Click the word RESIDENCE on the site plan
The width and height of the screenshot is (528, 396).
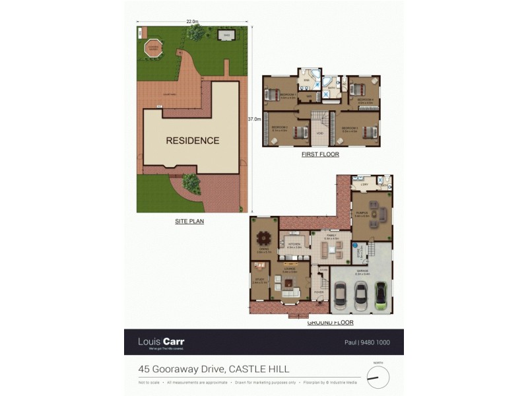pyautogui.click(x=192, y=141)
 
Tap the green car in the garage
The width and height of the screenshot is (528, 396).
pyautogui.click(x=381, y=295)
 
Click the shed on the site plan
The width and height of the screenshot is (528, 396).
pyautogui.click(x=226, y=36)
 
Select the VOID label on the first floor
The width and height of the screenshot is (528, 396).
pyautogui.click(x=319, y=133)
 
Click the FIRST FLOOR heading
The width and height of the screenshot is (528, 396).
pyautogui.click(x=320, y=154)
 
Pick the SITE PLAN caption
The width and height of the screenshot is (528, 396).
pyautogui.click(x=189, y=222)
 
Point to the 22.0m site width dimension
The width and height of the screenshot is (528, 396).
pyautogui.click(x=192, y=22)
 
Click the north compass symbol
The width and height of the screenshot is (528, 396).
pyautogui.click(x=378, y=378)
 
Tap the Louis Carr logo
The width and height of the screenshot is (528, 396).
pyautogui.click(x=161, y=343)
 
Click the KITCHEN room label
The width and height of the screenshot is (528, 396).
pyautogui.click(x=294, y=244)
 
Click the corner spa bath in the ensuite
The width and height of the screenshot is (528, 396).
pyautogui.click(x=328, y=83)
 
